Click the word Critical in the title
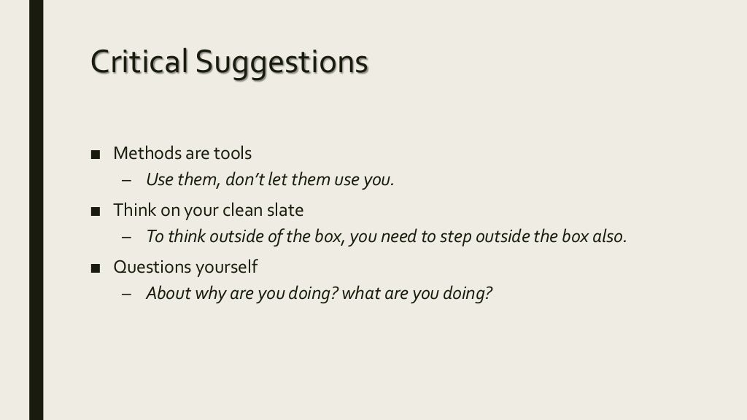[x=136, y=62]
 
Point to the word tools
[x=233, y=153]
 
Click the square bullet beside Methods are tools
[x=95, y=154]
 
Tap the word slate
[x=286, y=210]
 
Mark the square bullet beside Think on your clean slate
[x=95, y=211]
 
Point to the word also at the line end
[x=610, y=236]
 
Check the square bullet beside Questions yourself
[x=95, y=268]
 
